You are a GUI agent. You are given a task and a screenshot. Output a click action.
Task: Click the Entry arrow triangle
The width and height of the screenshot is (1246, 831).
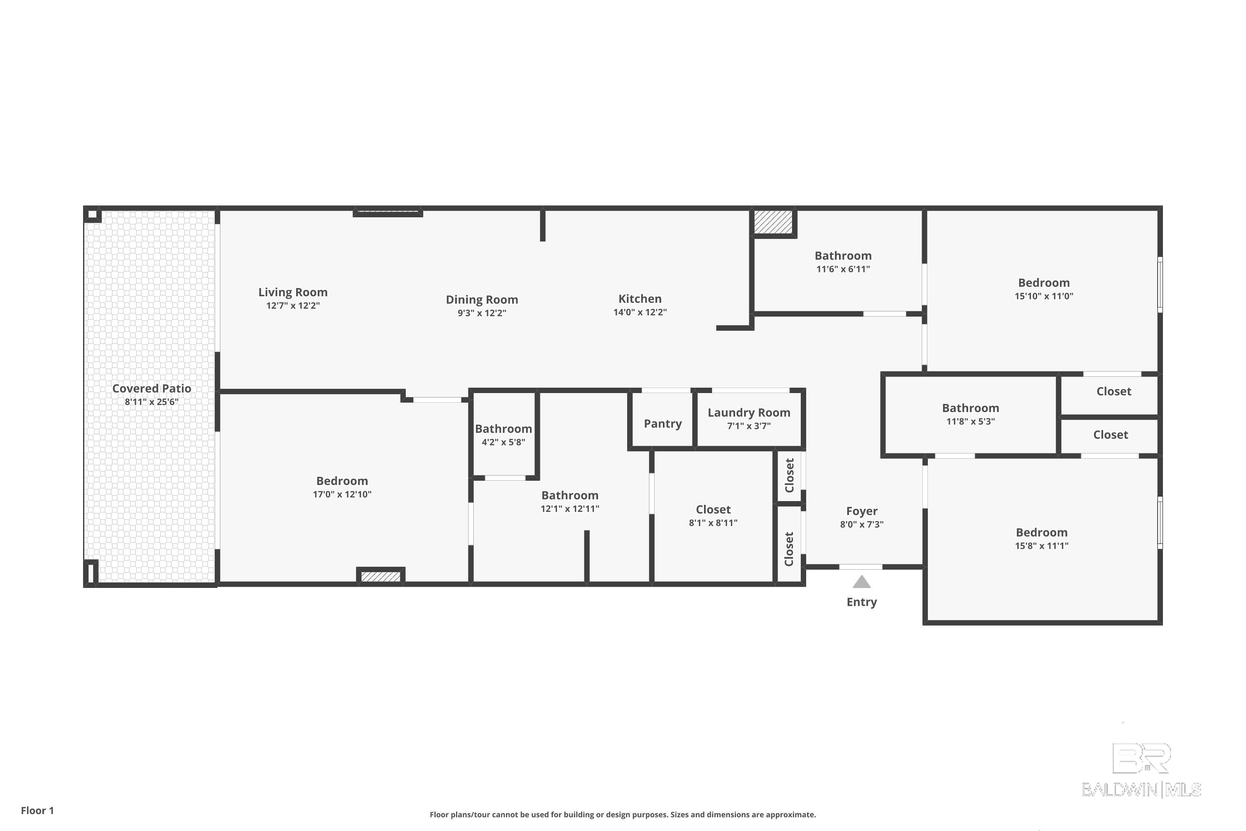pyautogui.click(x=861, y=583)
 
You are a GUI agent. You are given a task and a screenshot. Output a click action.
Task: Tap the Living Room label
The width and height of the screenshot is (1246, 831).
pyautogui.click(x=293, y=292)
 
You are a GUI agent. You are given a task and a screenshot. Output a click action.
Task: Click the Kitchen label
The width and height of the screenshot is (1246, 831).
pyautogui.click(x=640, y=299)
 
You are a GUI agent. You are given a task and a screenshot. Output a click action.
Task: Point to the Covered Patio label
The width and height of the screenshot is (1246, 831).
pyautogui.click(x=152, y=388)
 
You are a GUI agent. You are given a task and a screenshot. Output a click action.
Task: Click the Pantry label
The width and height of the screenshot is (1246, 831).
pyautogui.click(x=663, y=423)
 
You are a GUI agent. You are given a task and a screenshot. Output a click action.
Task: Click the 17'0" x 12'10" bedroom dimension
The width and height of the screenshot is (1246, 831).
pyautogui.click(x=342, y=494)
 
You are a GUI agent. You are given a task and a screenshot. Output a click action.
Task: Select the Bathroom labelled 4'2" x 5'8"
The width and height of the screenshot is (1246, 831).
pyautogui.click(x=503, y=429)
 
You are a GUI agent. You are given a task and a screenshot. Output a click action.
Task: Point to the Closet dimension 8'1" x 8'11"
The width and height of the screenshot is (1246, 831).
pyautogui.click(x=713, y=523)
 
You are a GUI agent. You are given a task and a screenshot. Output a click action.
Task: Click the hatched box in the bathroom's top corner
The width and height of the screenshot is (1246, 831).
pyautogui.click(x=773, y=222)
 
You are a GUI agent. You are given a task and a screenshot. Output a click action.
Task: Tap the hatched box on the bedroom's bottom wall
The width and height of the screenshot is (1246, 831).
pyautogui.click(x=380, y=576)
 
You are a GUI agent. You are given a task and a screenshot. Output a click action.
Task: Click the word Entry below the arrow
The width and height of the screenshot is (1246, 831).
pyautogui.click(x=861, y=602)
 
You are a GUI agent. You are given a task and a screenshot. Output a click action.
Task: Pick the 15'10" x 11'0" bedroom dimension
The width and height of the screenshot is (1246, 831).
pyautogui.click(x=1044, y=296)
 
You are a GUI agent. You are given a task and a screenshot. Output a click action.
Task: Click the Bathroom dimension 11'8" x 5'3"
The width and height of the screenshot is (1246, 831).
pyautogui.click(x=971, y=422)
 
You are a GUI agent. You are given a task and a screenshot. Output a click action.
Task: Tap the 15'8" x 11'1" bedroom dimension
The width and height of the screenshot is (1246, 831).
pyautogui.click(x=1042, y=546)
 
